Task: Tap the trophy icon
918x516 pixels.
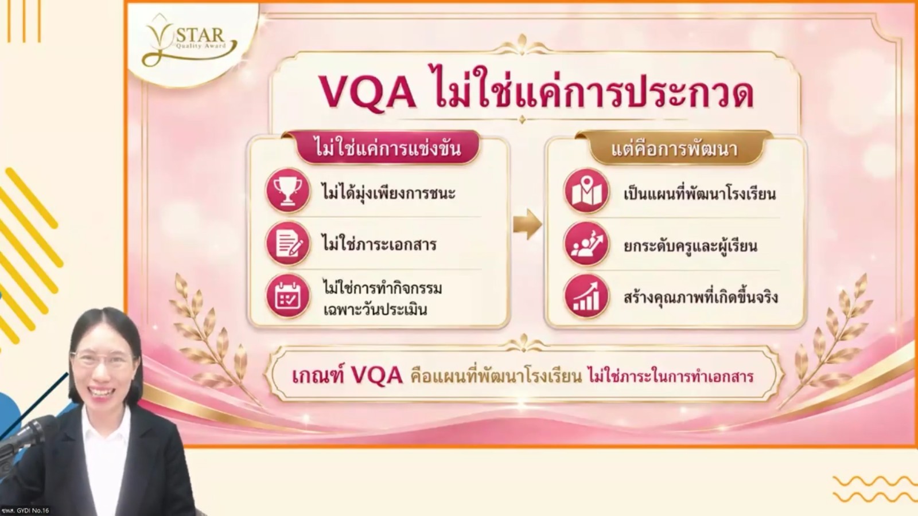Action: pyautogui.click(x=287, y=191)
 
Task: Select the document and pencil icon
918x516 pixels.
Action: pyautogui.click(x=287, y=244)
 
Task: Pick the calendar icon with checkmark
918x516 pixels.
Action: pyautogui.click(x=287, y=296)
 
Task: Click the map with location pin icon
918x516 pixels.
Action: pyautogui.click(x=586, y=191)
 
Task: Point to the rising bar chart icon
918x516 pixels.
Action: pyautogui.click(x=586, y=296)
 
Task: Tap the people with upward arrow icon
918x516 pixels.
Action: pyautogui.click(x=586, y=244)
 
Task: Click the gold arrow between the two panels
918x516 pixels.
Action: pyautogui.click(x=527, y=224)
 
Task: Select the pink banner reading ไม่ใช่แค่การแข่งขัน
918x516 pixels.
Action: pyautogui.click(x=387, y=148)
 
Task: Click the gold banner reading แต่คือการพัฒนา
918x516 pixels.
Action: pyautogui.click(x=675, y=148)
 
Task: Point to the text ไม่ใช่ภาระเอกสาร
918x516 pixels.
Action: pyautogui.click(x=379, y=244)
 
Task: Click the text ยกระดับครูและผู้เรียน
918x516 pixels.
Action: pyautogui.click(x=690, y=246)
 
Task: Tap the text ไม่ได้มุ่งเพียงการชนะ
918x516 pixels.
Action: pyautogui.click(x=388, y=193)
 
